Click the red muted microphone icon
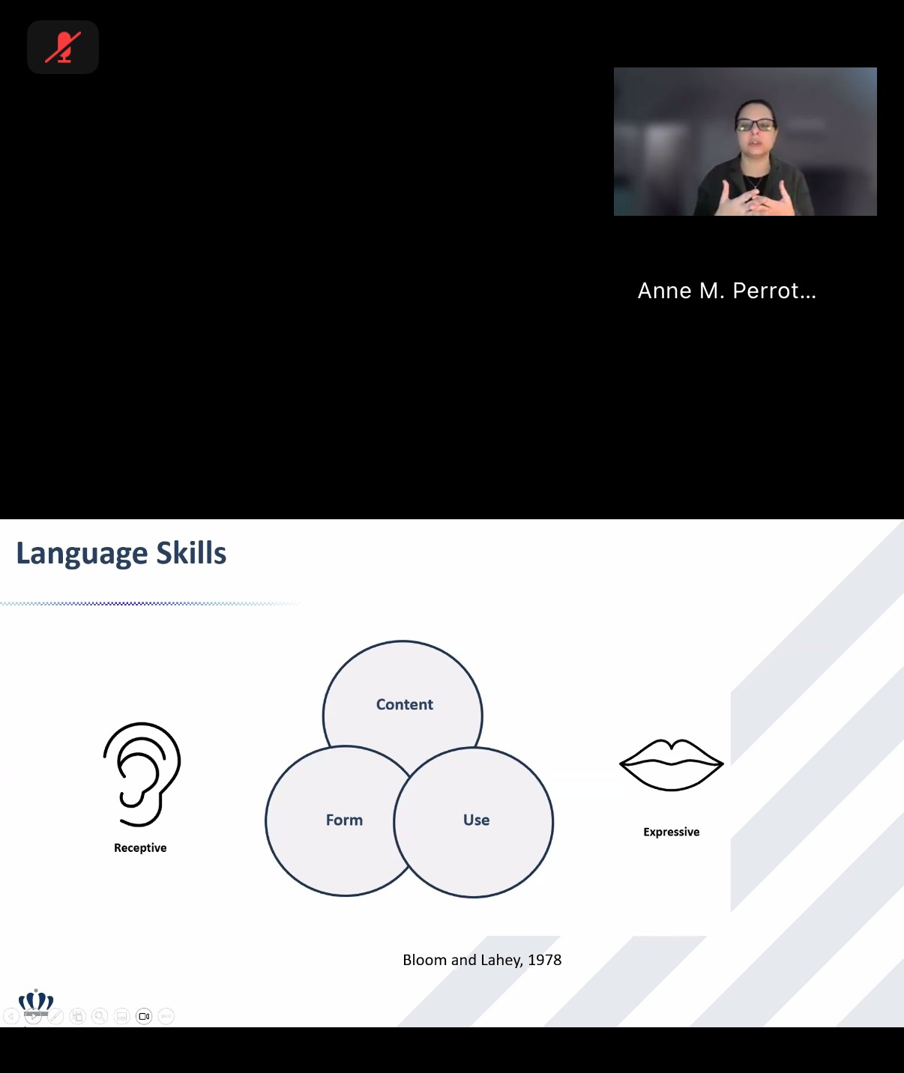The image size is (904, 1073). pos(63,47)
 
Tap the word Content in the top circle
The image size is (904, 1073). pos(405,704)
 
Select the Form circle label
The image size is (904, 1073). pos(344,820)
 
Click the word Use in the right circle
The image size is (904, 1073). pos(476,820)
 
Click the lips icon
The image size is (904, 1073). pos(672,764)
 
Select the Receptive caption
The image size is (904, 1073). pos(140,848)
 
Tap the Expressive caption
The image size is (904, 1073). pos(671,832)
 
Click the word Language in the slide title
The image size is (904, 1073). pos(82,554)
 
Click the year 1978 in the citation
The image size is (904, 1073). pos(544,960)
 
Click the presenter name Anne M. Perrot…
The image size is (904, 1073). pos(726,291)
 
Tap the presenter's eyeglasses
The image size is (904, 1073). pos(756,124)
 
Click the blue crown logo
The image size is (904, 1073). pos(36,1001)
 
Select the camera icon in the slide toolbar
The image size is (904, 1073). pos(144,1016)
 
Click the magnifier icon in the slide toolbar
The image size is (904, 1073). pos(100,1016)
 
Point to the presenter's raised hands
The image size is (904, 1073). pos(758,198)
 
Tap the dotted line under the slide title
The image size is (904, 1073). pos(150,603)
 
